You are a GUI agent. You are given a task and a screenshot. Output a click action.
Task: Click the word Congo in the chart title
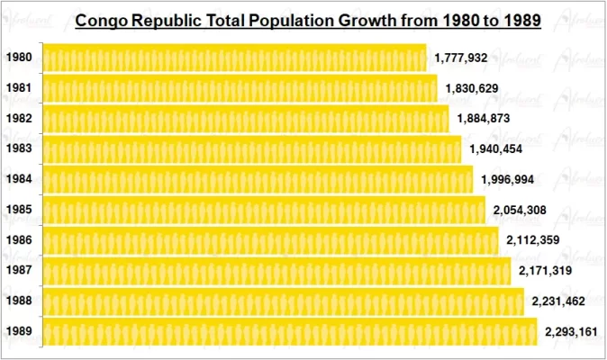click(x=102, y=20)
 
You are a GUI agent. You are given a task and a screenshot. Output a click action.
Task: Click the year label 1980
click(x=19, y=58)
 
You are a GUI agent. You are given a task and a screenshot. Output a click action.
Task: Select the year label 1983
click(x=19, y=148)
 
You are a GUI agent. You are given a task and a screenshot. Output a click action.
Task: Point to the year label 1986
click(x=19, y=240)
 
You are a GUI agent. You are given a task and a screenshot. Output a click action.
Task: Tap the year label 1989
click(x=19, y=331)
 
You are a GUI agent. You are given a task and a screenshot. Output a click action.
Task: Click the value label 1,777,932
click(x=460, y=58)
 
